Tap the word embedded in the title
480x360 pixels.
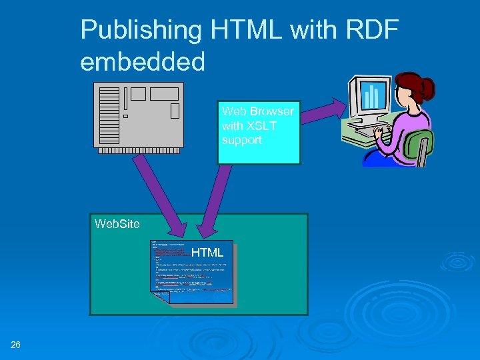click(x=143, y=62)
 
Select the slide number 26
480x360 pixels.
click(x=16, y=345)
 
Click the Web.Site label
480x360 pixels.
click(x=117, y=224)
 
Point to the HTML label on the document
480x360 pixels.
click(x=207, y=252)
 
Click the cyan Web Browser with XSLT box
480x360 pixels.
click(x=259, y=133)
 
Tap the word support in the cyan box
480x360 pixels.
click(x=242, y=141)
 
